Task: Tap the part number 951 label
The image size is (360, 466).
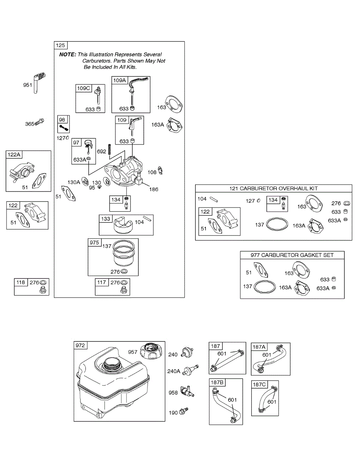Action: tap(28, 85)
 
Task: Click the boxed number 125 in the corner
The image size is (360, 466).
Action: tap(61, 45)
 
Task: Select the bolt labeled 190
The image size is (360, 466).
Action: tap(184, 411)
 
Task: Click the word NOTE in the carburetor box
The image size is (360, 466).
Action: tap(68, 55)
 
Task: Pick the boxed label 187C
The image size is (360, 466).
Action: tap(259, 385)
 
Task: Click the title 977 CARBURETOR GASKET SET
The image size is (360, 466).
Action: tap(292, 255)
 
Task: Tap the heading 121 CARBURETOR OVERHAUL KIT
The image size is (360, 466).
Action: tap(273, 188)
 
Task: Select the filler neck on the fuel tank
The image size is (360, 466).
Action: tap(112, 365)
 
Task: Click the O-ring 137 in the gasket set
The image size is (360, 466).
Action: tap(265, 287)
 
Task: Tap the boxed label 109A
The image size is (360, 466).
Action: tap(120, 80)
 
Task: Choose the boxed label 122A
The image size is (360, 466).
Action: tap(14, 155)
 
